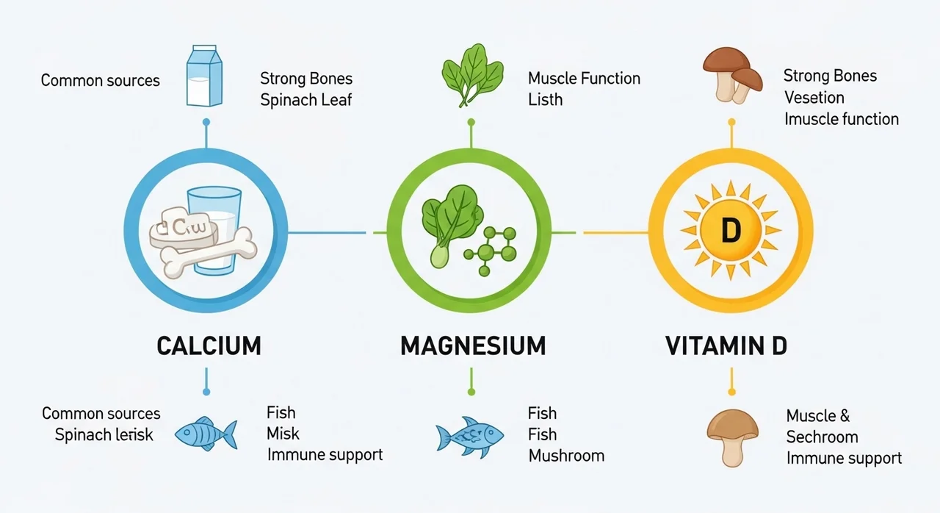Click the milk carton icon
point(204,76)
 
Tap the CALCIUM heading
point(209,346)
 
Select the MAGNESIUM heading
point(473,346)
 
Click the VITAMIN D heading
point(726,346)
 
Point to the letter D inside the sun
point(731,231)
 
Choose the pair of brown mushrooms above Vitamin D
point(732,76)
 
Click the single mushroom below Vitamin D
point(732,438)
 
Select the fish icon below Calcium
point(206,434)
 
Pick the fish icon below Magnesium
point(469,437)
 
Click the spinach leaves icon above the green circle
point(472,76)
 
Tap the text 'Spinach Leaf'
point(306,101)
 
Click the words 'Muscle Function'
point(584,79)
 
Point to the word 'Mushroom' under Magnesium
point(566,456)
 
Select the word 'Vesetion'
point(814,98)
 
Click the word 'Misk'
point(283,434)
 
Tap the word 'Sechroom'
point(822,437)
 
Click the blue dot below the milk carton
point(206,122)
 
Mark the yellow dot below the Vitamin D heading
point(732,392)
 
